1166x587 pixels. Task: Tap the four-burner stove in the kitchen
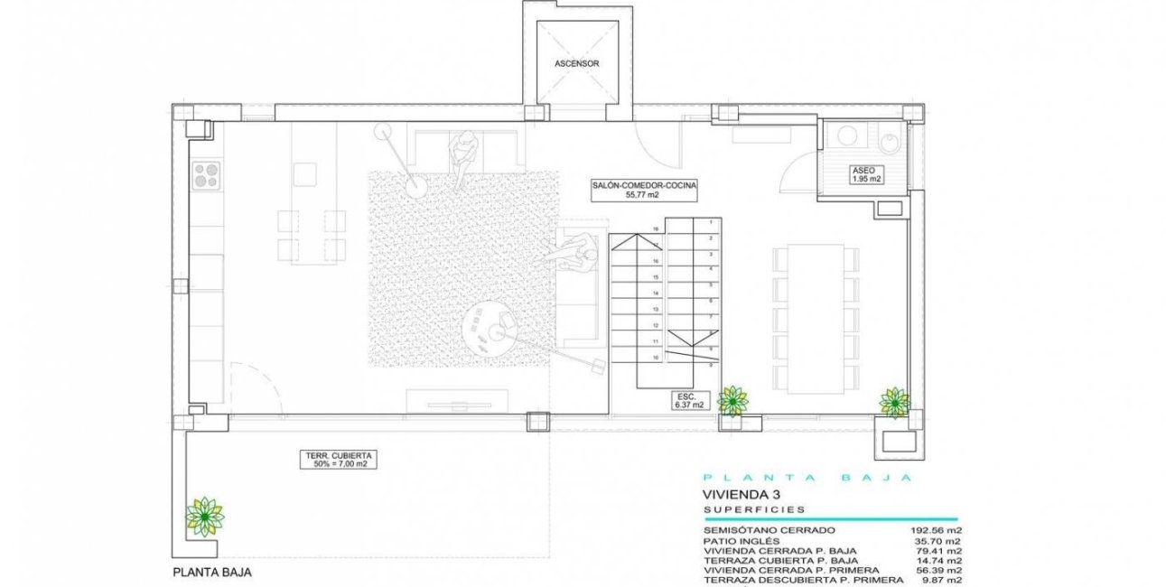206,173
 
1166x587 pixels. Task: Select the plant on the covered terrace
204,516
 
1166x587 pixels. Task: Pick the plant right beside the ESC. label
732,399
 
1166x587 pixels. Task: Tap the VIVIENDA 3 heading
741,495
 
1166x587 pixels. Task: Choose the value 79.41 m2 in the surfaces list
940,550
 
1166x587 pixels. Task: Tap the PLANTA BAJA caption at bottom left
212,573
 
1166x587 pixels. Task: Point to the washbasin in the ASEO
847,137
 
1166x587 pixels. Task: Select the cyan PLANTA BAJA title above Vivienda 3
811,478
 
